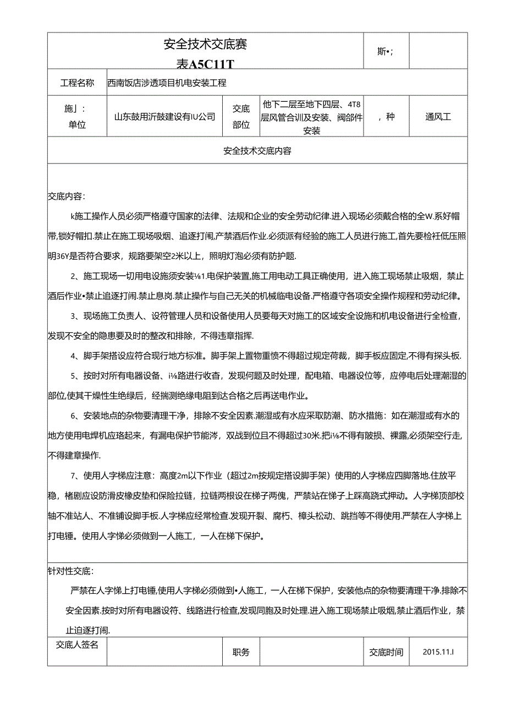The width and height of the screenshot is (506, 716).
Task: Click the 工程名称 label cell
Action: (x=77, y=83)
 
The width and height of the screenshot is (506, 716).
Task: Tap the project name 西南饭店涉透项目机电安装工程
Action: (x=167, y=83)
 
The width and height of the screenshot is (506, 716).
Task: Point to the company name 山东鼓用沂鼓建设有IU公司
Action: (x=164, y=117)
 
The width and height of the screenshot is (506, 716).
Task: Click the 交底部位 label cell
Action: (x=240, y=117)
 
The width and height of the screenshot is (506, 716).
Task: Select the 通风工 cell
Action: (x=438, y=117)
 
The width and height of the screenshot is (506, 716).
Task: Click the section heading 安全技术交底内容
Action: (x=257, y=150)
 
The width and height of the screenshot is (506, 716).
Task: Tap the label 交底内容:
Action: (x=67, y=196)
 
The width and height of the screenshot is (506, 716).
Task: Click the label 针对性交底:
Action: (x=71, y=571)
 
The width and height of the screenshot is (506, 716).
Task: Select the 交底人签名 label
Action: (x=77, y=644)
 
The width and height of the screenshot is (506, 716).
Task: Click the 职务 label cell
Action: (x=241, y=652)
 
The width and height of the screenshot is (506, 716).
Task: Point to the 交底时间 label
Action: (x=386, y=652)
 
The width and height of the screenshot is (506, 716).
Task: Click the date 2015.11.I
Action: (x=438, y=652)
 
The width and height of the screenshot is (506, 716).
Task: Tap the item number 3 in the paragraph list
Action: (x=73, y=316)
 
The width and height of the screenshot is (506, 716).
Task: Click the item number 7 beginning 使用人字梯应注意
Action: (x=73, y=474)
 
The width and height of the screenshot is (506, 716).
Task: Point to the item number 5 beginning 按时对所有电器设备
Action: (x=73, y=376)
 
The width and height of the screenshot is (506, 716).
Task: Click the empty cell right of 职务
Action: (x=311, y=652)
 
